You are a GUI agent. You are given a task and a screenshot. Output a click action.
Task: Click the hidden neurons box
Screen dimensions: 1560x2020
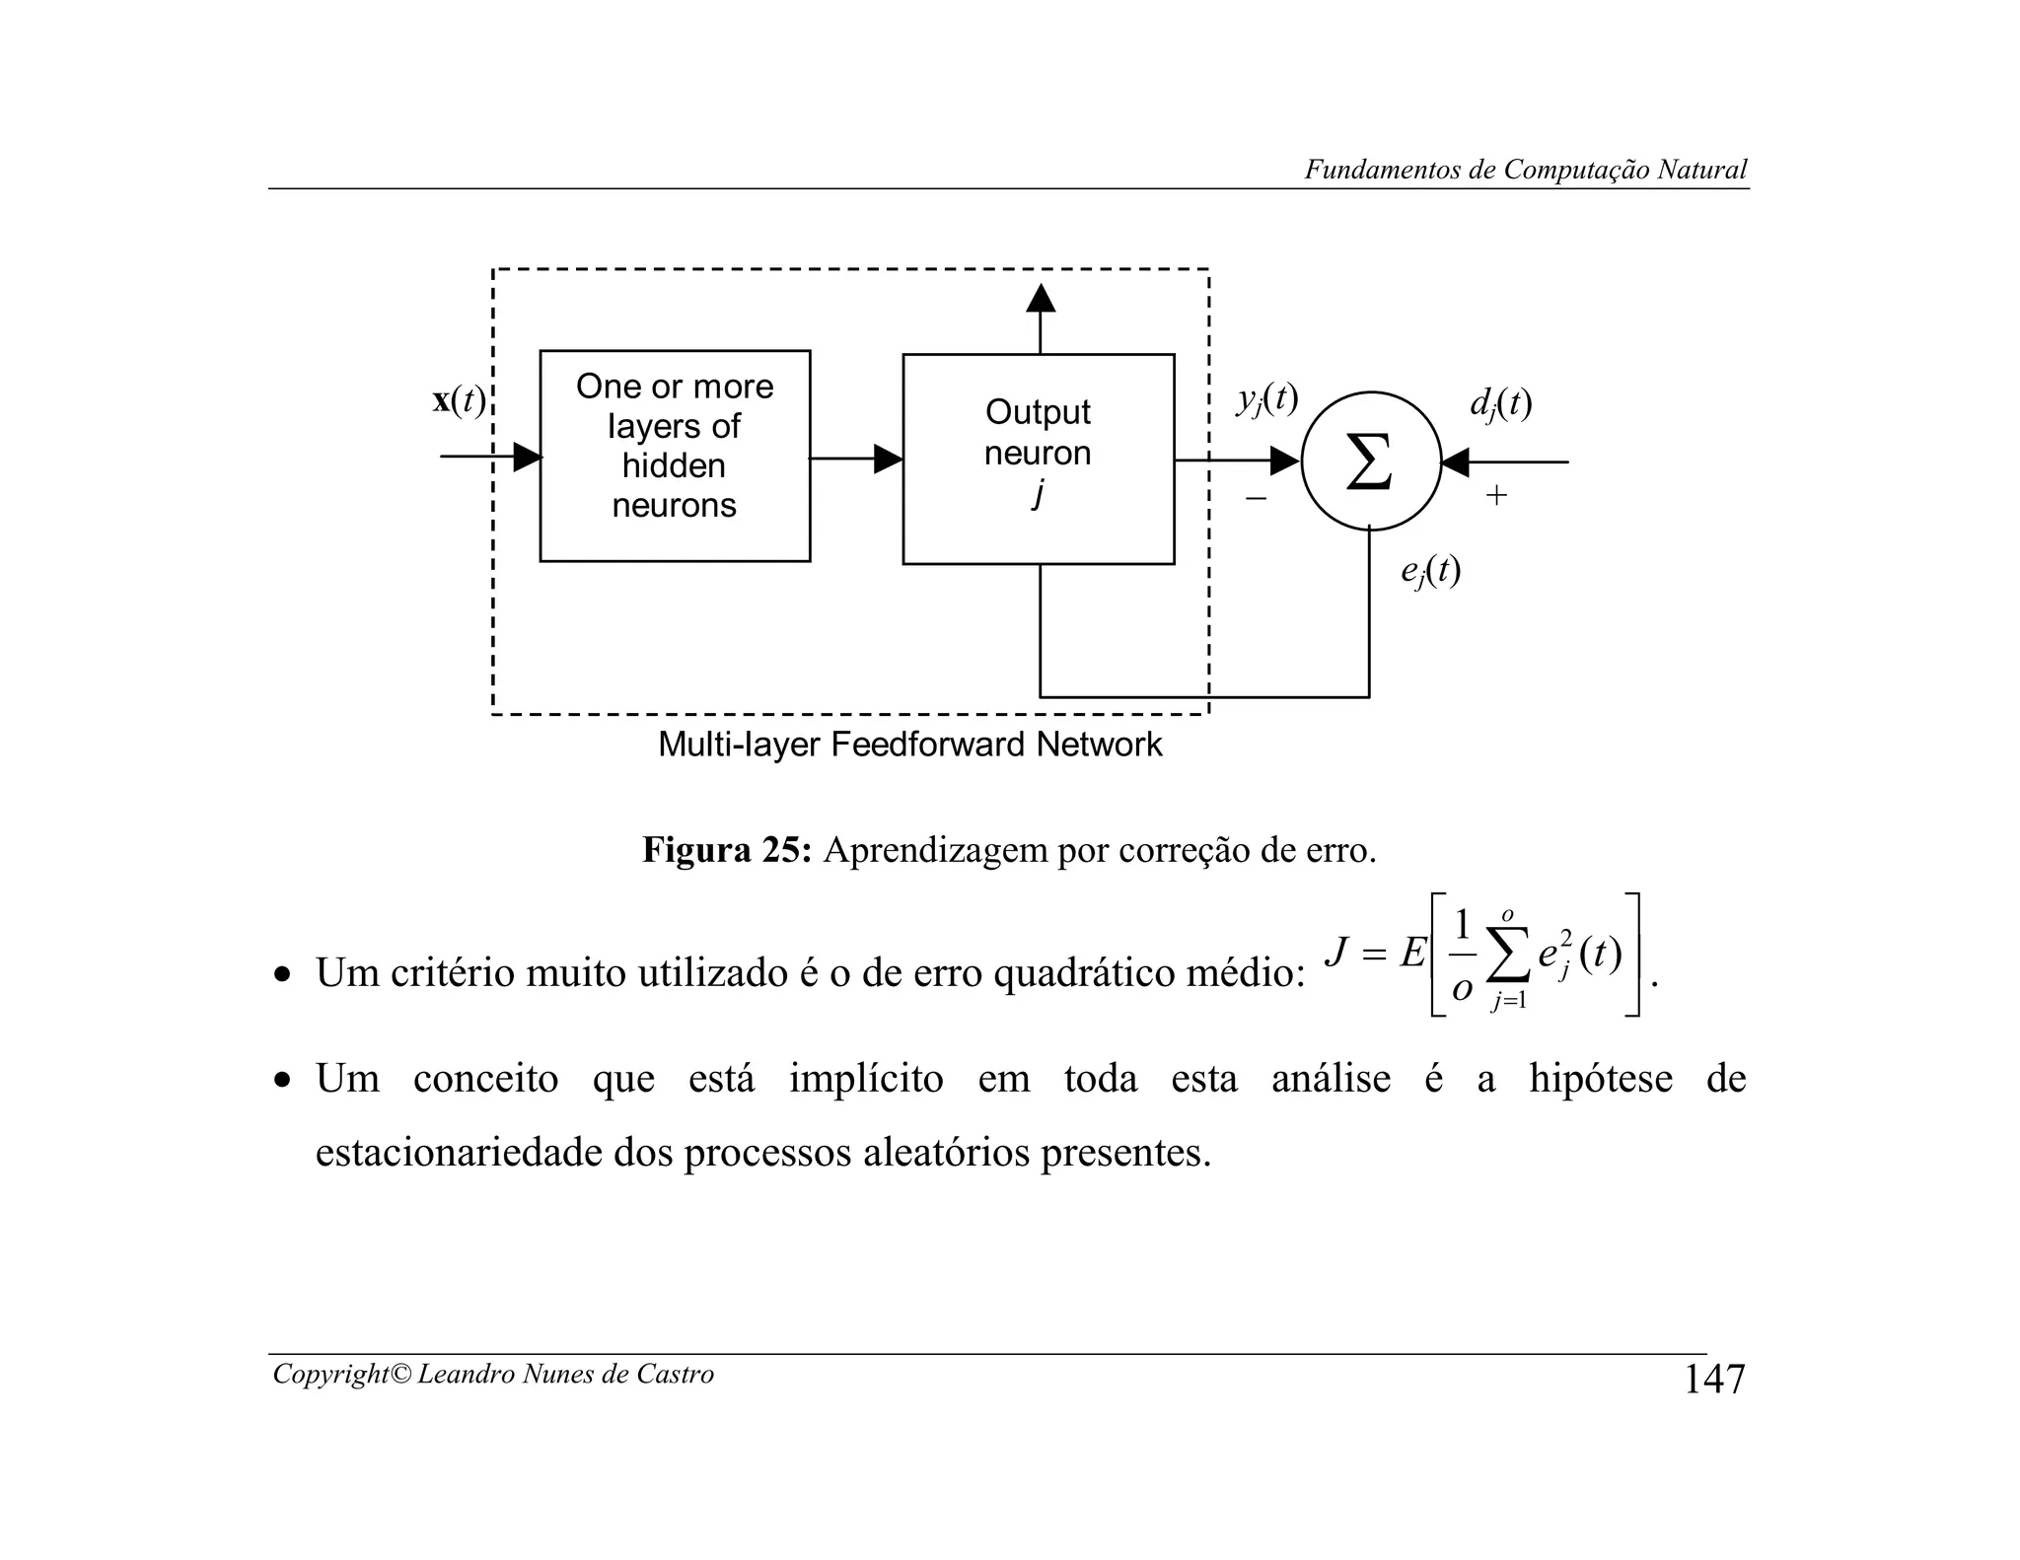[x=675, y=456]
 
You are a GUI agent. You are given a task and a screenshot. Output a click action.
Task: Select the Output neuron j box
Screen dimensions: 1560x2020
[x=1038, y=459]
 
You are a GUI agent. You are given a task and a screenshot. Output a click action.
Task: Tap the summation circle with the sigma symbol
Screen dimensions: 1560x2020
[x=1370, y=461]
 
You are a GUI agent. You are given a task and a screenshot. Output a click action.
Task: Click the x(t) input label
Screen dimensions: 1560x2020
[x=459, y=400]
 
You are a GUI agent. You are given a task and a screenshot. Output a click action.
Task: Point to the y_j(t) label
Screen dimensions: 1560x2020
[x=1267, y=398]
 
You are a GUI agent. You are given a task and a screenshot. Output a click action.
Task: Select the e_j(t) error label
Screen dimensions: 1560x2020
[x=1430, y=570]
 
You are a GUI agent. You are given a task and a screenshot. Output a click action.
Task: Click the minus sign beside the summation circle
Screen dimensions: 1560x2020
[x=1256, y=498]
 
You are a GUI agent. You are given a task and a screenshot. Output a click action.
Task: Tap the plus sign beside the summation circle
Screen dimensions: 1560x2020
[x=1496, y=495]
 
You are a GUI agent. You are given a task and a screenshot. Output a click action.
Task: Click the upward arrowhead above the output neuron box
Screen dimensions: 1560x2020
[x=1041, y=298]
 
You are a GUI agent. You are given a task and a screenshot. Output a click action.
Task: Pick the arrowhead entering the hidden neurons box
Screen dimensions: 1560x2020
[x=528, y=457]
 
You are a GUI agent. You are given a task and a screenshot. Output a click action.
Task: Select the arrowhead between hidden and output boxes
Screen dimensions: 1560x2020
[x=888, y=459]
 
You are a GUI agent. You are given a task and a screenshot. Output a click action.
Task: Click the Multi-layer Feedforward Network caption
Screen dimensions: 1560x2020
[x=909, y=744]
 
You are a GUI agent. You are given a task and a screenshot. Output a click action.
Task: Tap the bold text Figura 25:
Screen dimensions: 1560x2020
[x=726, y=849]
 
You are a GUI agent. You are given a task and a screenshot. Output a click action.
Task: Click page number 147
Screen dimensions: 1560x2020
[x=1713, y=1379]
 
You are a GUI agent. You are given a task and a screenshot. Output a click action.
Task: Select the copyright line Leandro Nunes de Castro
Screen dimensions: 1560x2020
[x=493, y=1374]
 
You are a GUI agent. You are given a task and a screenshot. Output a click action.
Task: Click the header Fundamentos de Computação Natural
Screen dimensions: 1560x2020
[x=1525, y=170]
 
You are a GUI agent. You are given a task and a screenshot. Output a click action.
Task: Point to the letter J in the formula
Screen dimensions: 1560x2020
[x=1336, y=952]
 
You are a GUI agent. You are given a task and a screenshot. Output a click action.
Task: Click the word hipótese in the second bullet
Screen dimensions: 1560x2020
[x=1600, y=1078]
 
